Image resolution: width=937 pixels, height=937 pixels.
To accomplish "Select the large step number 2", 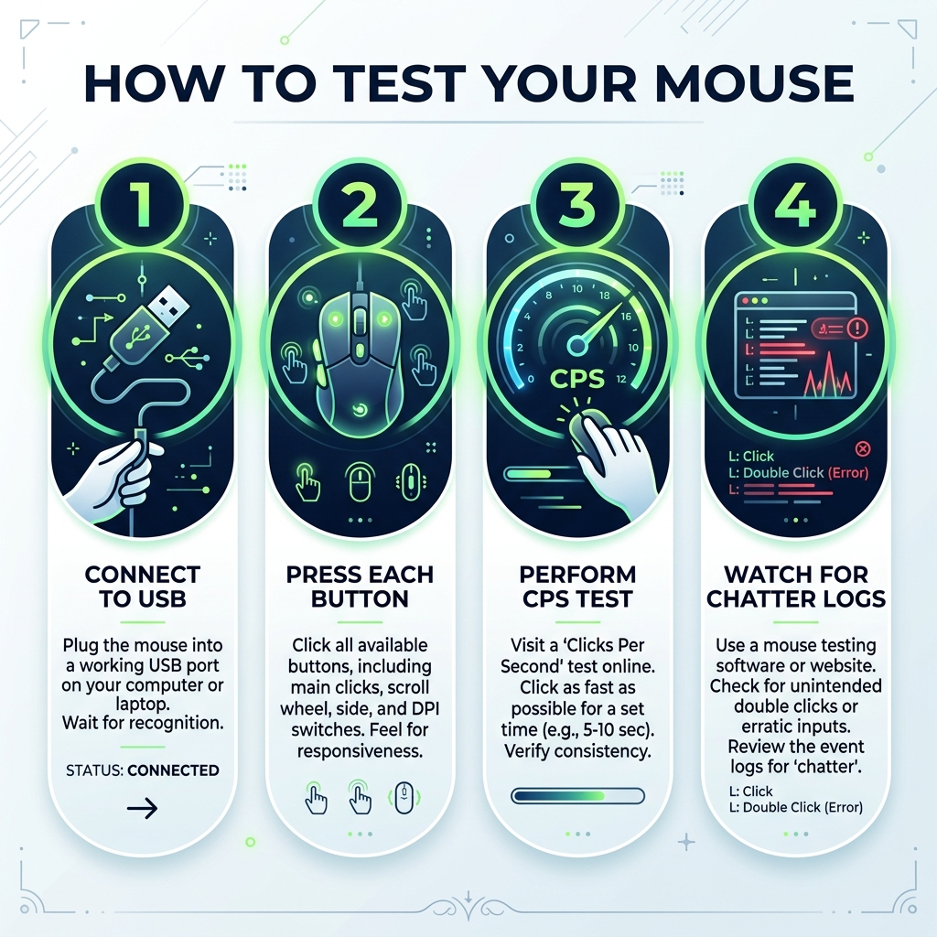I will coord(360,203).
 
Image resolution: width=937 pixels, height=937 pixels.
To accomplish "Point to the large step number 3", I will coord(576,203).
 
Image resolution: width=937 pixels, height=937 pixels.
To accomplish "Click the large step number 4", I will coord(793,203).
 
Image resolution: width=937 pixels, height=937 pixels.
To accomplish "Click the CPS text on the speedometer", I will coord(576,378).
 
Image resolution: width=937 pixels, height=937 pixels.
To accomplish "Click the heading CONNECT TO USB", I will coord(143,587).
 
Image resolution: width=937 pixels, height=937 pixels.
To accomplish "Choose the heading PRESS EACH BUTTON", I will coord(360,587).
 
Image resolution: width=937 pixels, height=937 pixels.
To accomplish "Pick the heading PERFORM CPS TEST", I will coord(576,587).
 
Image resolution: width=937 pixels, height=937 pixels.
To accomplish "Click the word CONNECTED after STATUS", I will coord(173,770).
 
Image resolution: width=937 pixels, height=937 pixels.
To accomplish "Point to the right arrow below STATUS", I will coord(142,808).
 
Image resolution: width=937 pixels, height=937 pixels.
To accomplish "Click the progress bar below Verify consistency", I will coord(576,796).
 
